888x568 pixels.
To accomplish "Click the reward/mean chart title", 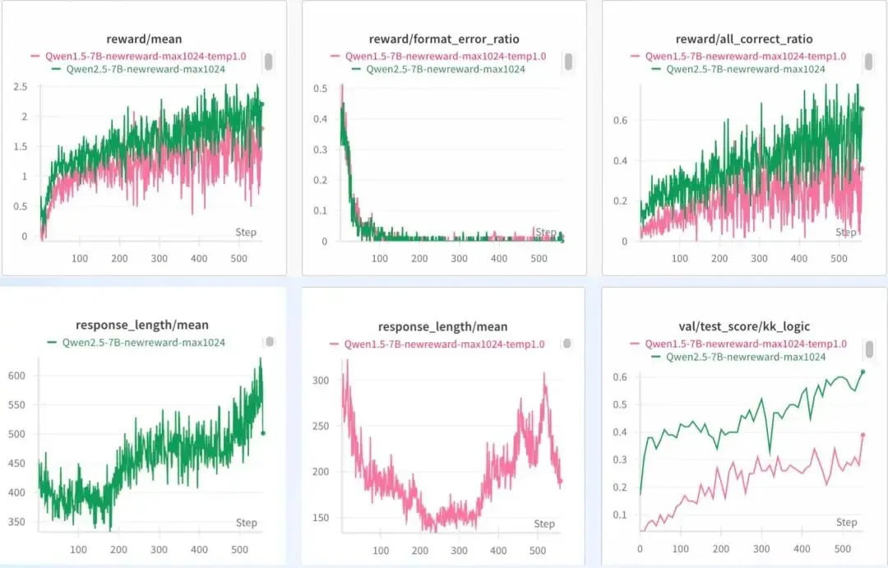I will tap(144, 39).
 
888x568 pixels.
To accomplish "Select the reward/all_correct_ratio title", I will tap(744, 39).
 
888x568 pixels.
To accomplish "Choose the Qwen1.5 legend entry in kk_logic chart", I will tap(738, 344).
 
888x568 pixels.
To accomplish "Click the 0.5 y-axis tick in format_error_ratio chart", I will tap(321, 88).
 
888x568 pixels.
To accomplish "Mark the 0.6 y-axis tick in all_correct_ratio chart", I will tap(621, 120).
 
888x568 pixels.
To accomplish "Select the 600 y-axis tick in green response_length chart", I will tap(16, 376).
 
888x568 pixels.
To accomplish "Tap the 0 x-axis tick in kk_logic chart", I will tap(640, 548).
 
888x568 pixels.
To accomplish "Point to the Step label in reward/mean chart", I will tap(246, 232).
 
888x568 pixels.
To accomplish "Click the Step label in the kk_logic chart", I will tap(846, 522).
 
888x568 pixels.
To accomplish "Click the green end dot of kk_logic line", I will tap(863, 372).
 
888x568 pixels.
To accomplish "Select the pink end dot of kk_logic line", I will tap(863, 435).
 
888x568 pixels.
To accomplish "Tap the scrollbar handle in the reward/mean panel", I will tap(268, 62).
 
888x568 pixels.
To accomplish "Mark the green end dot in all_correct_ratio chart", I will tap(863, 109).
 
